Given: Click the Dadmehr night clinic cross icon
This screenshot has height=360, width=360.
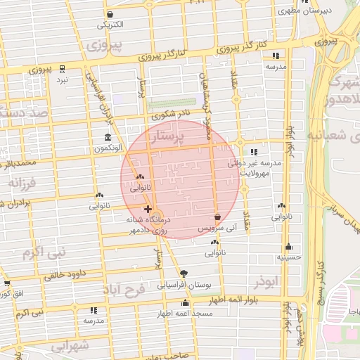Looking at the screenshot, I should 147,209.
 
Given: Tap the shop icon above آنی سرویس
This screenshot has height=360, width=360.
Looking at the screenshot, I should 217,217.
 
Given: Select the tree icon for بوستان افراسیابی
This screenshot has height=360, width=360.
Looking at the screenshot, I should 184,274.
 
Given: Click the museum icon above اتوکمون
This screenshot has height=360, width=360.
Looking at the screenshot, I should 107,137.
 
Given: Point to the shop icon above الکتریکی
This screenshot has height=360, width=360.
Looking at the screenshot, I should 109,14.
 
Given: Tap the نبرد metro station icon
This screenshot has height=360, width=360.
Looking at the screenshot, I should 63,69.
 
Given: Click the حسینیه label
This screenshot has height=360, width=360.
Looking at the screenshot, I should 288,257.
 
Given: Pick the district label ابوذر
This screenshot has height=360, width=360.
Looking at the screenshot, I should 268,280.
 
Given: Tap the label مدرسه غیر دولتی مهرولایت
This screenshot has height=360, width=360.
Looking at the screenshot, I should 255,167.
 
